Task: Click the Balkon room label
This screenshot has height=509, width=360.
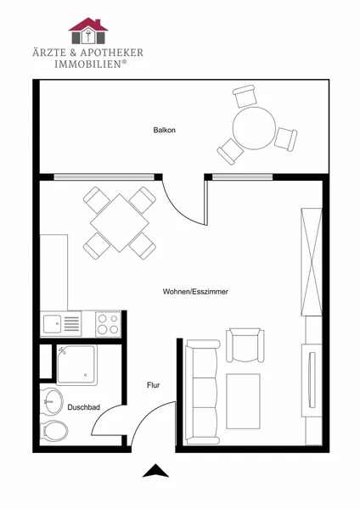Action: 165,130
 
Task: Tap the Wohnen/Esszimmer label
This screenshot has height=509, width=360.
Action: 195,292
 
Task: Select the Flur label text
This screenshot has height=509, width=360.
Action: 154,385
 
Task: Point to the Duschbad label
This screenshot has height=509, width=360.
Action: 83,407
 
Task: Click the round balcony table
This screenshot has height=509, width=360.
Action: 254,128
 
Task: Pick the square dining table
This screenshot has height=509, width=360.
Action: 120,223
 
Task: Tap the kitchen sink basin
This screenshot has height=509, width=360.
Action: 53,324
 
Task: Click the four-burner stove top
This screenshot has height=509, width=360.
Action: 108,324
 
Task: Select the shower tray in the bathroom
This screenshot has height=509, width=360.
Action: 76,365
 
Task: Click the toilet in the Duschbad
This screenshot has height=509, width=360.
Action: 55,431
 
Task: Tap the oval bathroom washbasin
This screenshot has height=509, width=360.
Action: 53,401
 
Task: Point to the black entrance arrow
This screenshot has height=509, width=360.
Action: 155,471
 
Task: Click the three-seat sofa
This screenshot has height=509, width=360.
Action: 201,392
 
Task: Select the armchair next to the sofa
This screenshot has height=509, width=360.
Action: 245,344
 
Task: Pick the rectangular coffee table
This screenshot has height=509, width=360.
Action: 244,401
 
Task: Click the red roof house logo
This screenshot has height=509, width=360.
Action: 88,31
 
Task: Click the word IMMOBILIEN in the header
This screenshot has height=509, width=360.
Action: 87,64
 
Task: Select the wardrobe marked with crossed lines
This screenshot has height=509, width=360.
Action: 312,261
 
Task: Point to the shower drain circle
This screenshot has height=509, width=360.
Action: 85,375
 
